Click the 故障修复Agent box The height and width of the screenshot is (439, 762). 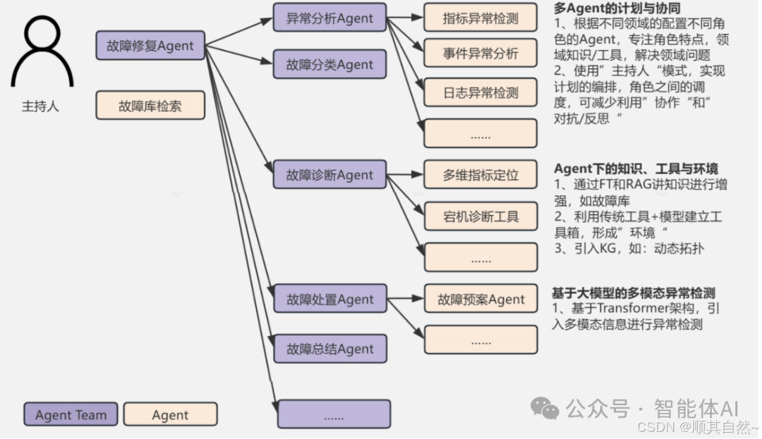tap(150, 46)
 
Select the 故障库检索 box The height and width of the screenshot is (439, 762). tap(150, 106)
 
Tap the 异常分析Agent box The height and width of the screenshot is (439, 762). tap(329, 18)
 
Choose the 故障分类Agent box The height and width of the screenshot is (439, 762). tap(329, 64)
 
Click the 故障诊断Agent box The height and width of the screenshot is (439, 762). tap(329, 174)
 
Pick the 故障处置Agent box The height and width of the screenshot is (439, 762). tap(329, 299)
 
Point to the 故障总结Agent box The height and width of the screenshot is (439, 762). tap(329, 348)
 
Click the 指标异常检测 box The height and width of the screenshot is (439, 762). tap(480, 18)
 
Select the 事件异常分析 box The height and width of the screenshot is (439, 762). tap(480, 53)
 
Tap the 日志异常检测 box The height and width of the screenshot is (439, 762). tap(480, 92)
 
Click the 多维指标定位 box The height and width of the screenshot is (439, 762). tap(480, 175)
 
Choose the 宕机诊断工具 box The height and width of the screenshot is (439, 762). tap(480, 216)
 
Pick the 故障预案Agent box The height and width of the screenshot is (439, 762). tap(480, 299)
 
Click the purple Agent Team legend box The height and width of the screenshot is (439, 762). tap(71, 414)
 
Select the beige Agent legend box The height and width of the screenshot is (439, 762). tap(170, 414)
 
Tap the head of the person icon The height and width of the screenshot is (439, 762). tap(42, 32)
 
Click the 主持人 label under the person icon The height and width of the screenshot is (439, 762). tap(40, 107)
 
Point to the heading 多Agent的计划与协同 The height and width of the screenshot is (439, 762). tap(607, 8)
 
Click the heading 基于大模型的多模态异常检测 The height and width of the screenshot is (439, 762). tap(639, 292)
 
